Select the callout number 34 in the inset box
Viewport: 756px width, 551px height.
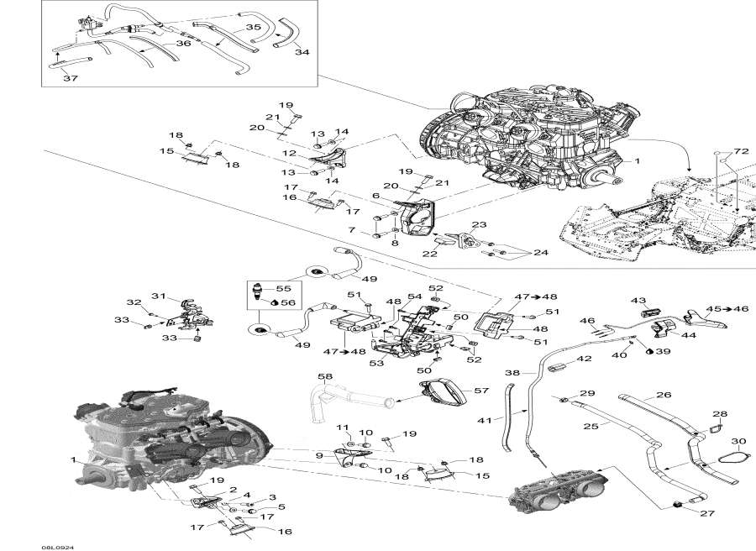[x=302, y=51]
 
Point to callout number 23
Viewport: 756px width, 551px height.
[x=479, y=224]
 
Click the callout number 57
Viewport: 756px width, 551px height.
[x=481, y=391]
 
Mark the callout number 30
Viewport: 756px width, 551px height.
[x=738, y=442]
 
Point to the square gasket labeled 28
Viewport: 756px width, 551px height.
[x=719, y=428]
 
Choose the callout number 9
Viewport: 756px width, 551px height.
[x=318, y=456]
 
